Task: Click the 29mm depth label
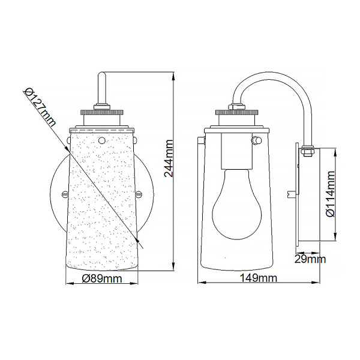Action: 310,259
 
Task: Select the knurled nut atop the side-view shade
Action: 237,111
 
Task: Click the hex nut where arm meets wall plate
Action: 307,152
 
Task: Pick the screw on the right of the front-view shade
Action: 140,193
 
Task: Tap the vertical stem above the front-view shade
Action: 102,90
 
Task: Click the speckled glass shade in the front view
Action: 102,210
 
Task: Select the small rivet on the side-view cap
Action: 257,140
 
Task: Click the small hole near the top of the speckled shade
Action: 102,140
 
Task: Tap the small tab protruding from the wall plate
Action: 292,193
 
